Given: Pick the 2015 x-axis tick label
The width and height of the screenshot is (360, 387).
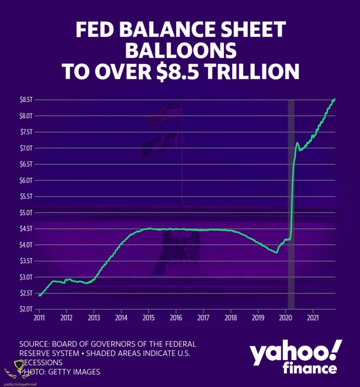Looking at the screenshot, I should [149, 318].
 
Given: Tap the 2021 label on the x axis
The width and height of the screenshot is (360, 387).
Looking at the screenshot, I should [313, 318].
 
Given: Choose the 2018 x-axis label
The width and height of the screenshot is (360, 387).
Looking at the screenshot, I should [231, 318].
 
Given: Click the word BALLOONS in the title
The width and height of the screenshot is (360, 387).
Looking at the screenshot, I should [180, 50].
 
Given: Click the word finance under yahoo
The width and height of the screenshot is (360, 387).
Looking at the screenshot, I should [310, 369].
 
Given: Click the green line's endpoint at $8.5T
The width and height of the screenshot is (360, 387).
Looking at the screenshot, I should [334, 99].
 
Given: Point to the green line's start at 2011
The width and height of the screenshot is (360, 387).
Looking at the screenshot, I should [39, 295].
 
